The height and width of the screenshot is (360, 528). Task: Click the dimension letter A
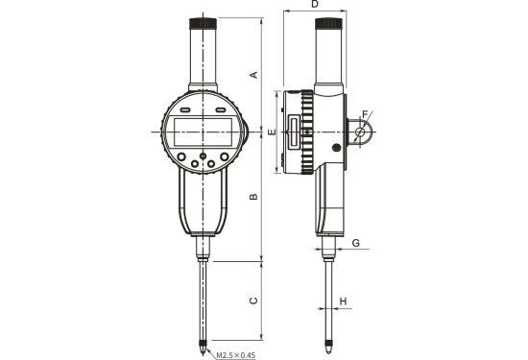254,75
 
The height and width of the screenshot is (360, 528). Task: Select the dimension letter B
253,197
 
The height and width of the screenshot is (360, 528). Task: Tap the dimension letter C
253,300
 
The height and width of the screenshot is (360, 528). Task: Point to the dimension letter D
315,4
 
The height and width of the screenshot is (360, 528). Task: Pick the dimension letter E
272,132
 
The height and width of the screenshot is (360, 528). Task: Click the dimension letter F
366,114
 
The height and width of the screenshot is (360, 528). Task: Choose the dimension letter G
355,243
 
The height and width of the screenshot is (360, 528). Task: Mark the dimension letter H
343,301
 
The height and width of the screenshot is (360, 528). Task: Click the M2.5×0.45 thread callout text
236,355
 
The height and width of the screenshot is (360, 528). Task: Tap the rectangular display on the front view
204,132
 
